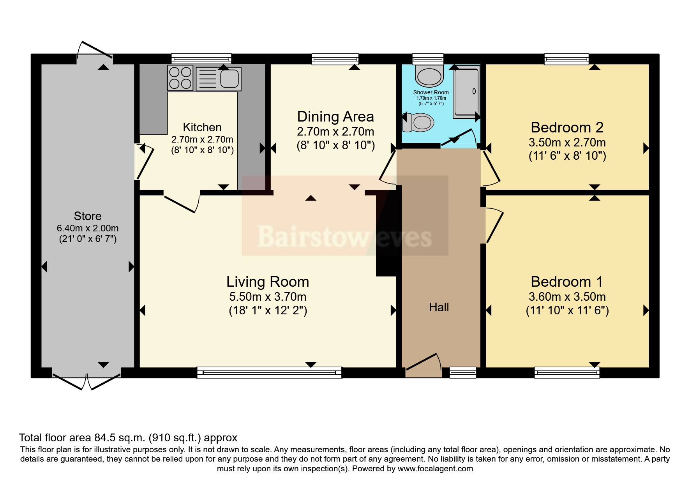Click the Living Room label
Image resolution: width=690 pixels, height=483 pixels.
tap(268, 282)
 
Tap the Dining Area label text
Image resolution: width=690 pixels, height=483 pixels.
tap(335, 116)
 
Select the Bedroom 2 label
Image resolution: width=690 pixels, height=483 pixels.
tap(567, 127)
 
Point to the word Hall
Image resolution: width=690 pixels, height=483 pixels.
tap(439, 307)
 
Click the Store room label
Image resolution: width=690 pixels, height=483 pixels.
tap(88, 216)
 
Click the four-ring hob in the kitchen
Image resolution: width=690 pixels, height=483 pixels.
tap(180, 78)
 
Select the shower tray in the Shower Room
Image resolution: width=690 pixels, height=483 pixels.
tap(466, 93)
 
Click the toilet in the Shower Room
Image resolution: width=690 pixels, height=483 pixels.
tap(419, 122)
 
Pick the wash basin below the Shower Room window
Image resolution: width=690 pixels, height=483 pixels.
tap(429, 76)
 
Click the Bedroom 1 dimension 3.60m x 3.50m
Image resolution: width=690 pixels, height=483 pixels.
tap(567, 297)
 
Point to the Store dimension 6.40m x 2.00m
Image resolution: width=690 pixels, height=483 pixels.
tap(88, 228)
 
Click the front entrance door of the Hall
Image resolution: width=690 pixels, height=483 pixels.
tap(424, 362)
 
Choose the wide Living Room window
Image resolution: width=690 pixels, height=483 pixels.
tap(269, 372)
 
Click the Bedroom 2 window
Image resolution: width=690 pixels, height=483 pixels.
tap(566, 59)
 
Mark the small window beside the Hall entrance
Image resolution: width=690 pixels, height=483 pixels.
tap(463, 372)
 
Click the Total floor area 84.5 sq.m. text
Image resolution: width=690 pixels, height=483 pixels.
tap(128, 438)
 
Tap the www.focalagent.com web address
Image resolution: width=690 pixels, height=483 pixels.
tap(435, 469)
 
